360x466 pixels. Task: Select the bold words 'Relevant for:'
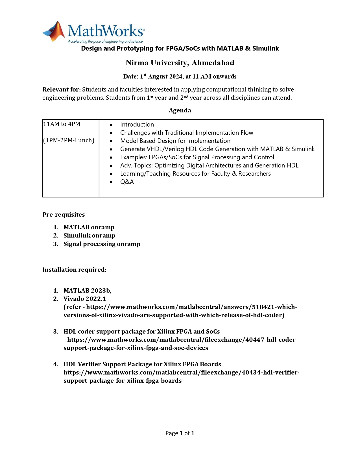[x=62, y=90]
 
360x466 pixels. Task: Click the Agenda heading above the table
[x=180, y=110]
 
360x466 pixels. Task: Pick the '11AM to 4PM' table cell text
[x=62, y=124]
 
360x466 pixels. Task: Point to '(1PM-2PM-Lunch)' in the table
[x=69, y=140]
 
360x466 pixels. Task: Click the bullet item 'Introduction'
[x=137, y=125]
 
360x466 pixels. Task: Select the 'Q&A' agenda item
[x=127, y=182]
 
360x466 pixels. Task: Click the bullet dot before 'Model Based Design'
[x=111, y=141]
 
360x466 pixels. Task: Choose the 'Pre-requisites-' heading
[x=65, y=215]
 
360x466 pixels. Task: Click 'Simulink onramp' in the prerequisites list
[x=89, y=236]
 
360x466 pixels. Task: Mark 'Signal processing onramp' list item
[x=102, y=244]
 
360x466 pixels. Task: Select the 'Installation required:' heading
[x=74, y=270]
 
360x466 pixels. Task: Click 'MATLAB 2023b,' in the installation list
[x=87, y=291]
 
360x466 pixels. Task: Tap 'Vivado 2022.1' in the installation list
[x=85, y=299]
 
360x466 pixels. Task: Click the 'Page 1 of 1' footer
[x=180, y=433]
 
